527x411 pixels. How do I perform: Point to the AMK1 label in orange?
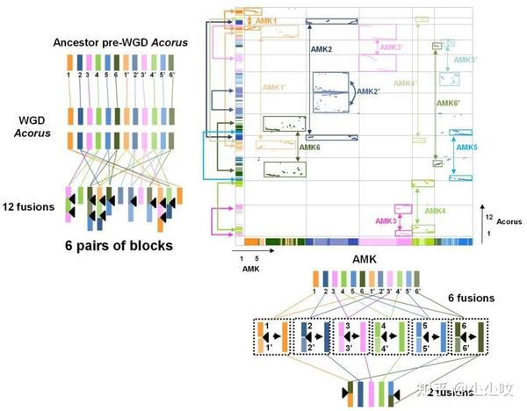[x=266, y=20]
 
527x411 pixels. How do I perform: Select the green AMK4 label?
[x=437, y=212]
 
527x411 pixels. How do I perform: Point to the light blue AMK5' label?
[x=467, y=60]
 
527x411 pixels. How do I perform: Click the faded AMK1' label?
[x=277, y=88]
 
